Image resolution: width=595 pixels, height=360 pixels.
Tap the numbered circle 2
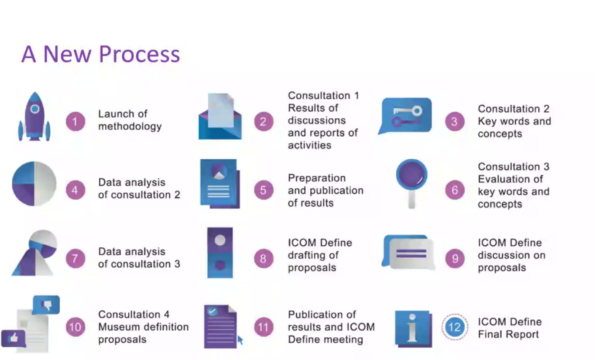(x=263, y=121)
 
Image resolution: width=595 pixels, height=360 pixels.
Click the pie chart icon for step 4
(x=34, y=184)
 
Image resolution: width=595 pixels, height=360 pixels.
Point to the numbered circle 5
(x=263, y=190)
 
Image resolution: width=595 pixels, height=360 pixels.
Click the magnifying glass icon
(x=412, y=182)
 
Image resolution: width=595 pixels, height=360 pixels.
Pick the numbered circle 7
(x=75, y=258)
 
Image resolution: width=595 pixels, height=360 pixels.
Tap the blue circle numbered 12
(x=454, y=327)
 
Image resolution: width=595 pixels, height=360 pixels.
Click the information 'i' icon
(x=413, y=328)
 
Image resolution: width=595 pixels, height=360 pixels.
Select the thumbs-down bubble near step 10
(x=47, y=305)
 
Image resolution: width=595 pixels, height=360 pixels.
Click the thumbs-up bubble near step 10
(x=14, y=338)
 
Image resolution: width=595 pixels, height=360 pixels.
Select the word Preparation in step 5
(x=317, y=178)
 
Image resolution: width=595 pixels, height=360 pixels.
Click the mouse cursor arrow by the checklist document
(x=240, y=340)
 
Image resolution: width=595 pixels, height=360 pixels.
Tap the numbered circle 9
(x=455, y=258)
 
